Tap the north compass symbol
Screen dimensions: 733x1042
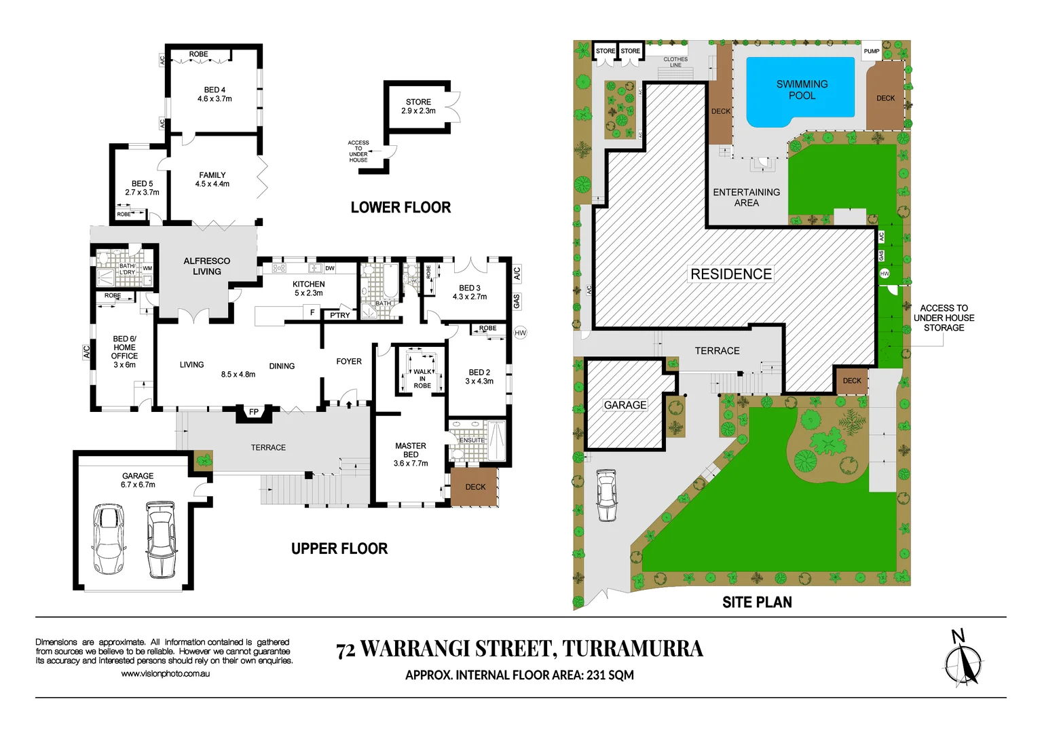[x=963, y=661]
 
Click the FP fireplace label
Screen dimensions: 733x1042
[x=254, y=412]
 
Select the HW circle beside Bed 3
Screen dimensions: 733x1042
[x=520, y=333]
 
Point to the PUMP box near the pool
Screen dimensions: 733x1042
[x=872, y=52]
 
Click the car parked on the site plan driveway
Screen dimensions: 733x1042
[x=607, y=495]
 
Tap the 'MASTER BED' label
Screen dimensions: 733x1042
[x=411, y=451]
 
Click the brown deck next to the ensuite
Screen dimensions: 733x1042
[x=475, y=487]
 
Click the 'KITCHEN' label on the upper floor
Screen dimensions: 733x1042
[x=309, y=284]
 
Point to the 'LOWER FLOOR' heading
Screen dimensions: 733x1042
[x=401, y=208]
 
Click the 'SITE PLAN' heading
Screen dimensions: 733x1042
[x=757, y=602]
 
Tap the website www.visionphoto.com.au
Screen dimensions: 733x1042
[x=165, y=674]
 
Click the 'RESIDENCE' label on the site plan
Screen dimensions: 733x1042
[x=731, y=274]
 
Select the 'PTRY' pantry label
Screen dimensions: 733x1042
[x=340, y=315]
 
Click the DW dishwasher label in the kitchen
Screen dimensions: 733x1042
[x=330, y=269]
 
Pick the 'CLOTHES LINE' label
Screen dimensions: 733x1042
[x=675, y=62]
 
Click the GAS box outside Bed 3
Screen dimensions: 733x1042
[x=517, y=301]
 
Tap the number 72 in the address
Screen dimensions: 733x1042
[x=346, y=650]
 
